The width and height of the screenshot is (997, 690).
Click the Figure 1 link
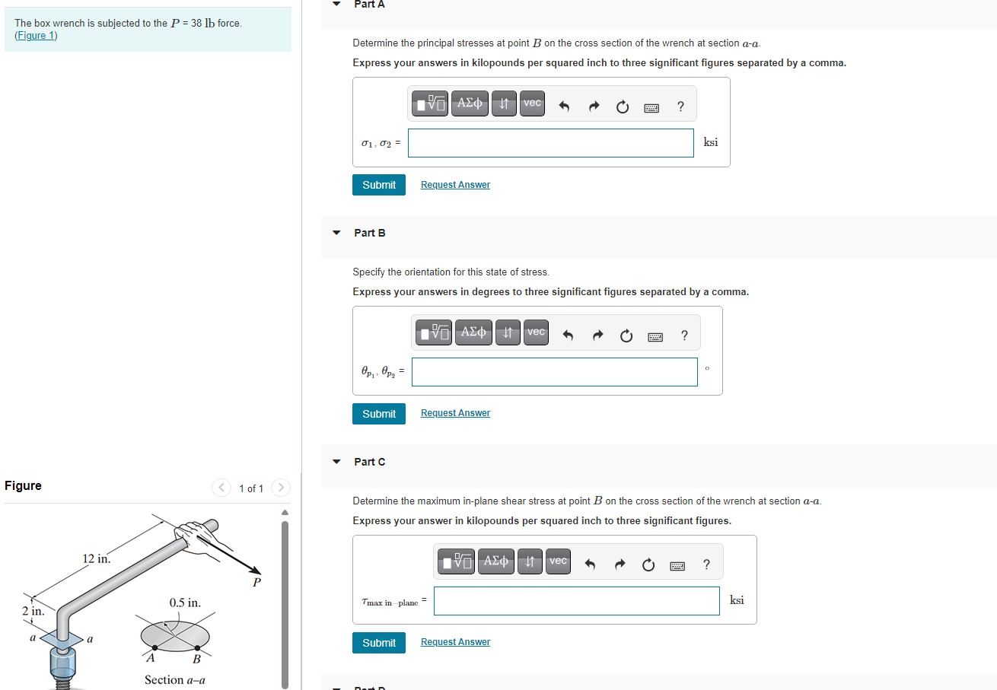click(36, 36)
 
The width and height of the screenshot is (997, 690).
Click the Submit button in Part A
click(378, 185)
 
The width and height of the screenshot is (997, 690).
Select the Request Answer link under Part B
click(455, 413)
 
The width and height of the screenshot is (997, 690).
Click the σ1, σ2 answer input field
click(550, 143)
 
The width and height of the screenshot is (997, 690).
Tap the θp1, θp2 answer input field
click(554, 372)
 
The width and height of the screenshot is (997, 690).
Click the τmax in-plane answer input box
click(576, 601)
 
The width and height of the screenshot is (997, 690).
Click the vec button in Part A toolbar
click(533, 103)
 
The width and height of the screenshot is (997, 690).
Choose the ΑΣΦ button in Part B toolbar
click(473, 332)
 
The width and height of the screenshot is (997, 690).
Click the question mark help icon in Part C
click(706, 564)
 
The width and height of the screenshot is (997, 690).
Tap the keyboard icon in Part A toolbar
click(651, 108)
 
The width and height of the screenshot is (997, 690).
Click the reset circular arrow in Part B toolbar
click(626, 336)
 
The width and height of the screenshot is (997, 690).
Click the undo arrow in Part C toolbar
click(589, 564)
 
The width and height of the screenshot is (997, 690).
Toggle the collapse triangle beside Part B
click(336, 233)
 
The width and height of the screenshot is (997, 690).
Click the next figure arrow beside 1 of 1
click(280, 488)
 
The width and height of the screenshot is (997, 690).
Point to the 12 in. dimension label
click(96, 559)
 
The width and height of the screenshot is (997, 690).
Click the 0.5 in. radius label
click(185, 603)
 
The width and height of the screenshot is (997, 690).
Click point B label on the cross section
click(196, 659)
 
